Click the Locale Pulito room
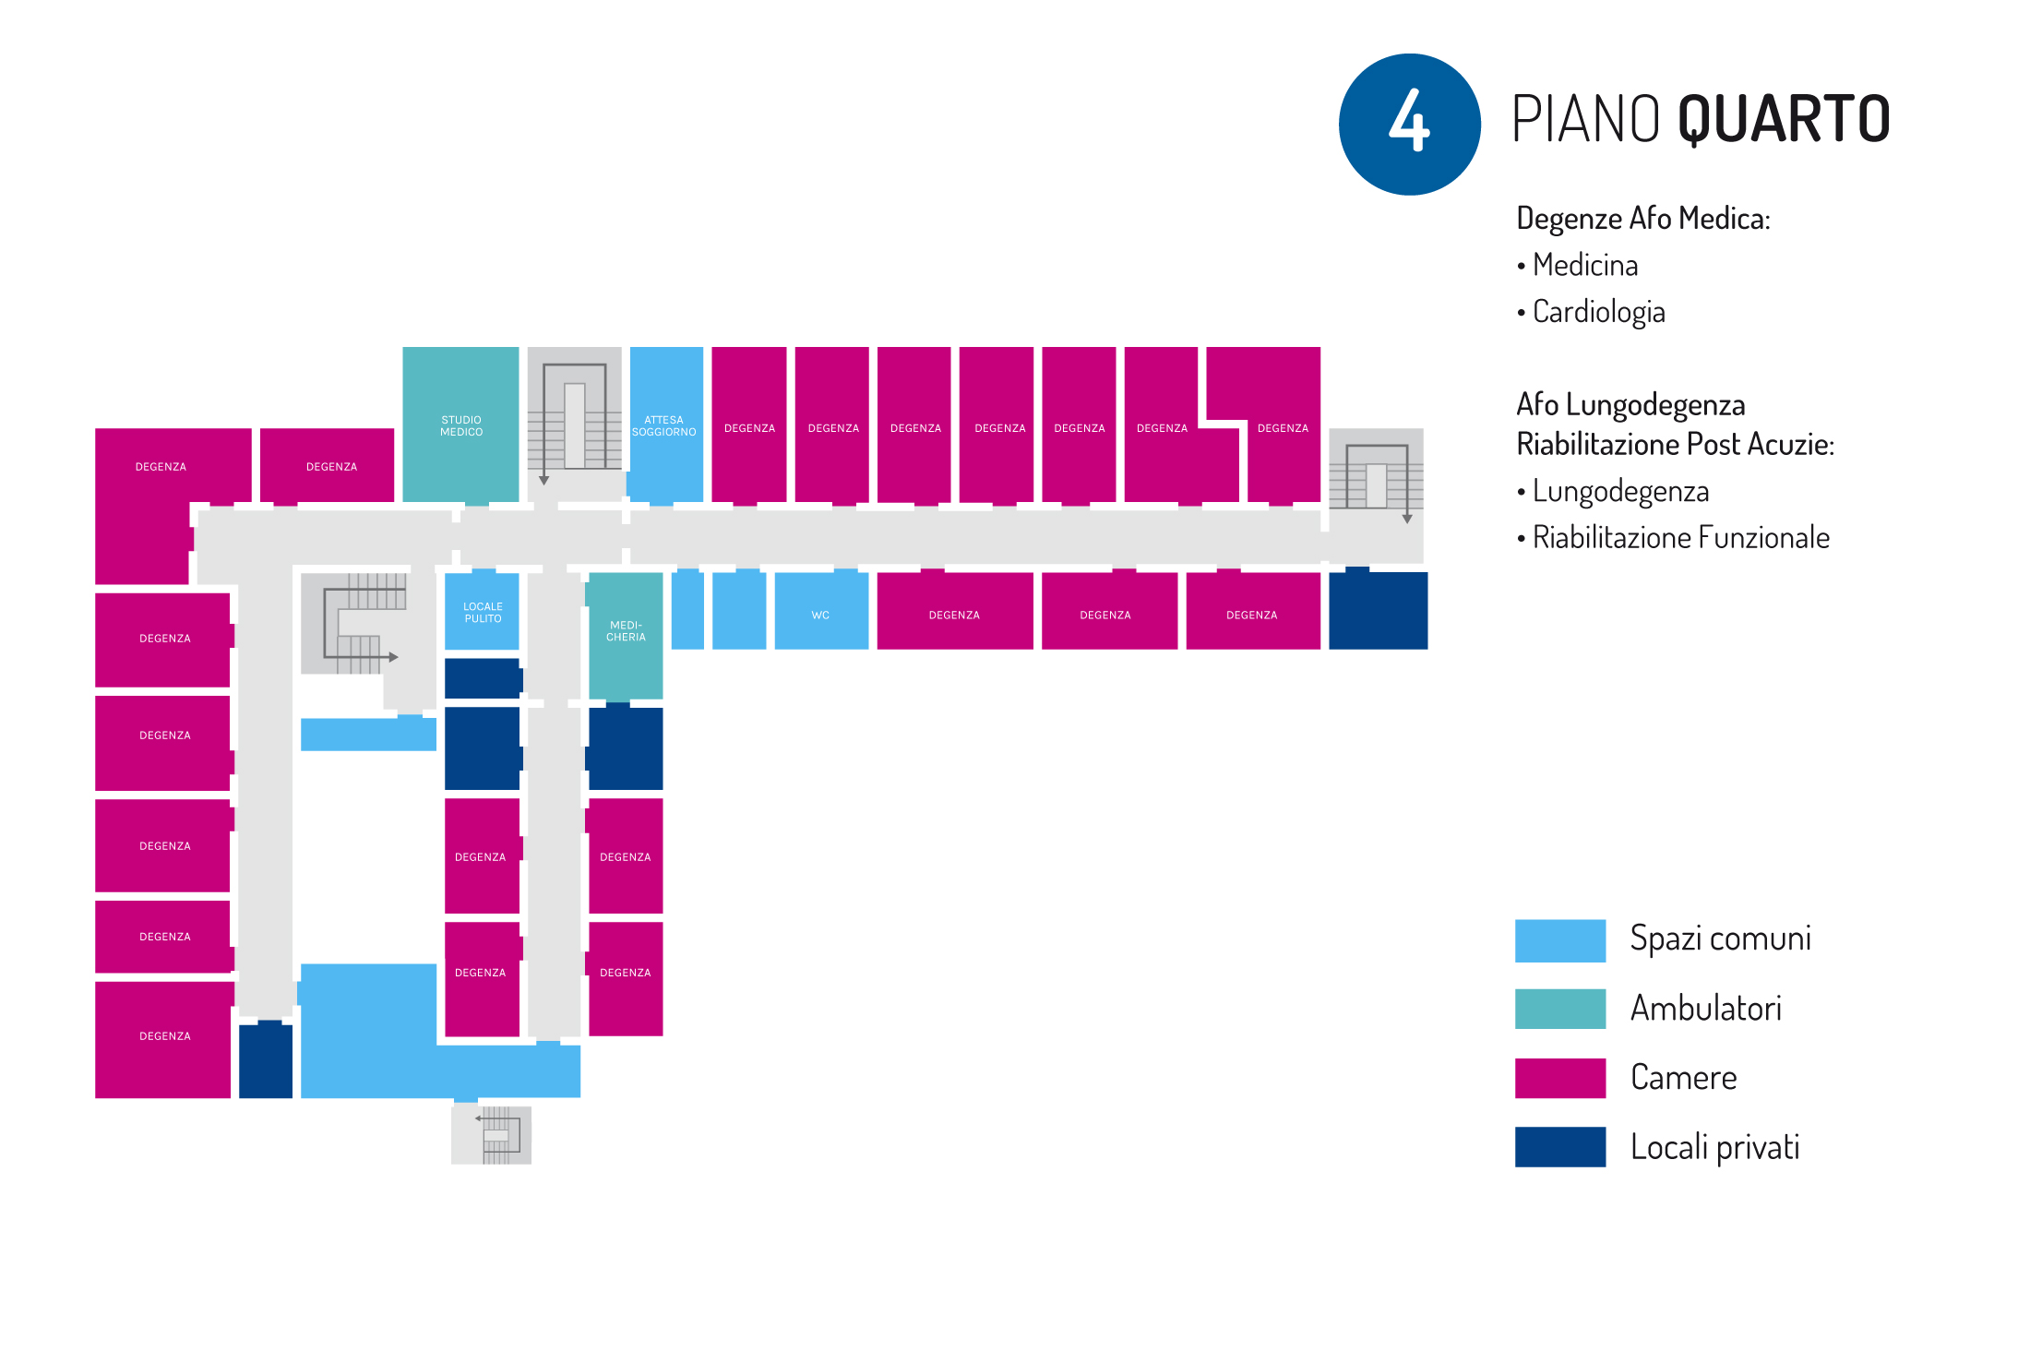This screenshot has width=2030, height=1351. tap(482, 612)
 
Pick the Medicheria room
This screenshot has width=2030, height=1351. tap(626, 632)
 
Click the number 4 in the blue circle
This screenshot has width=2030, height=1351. tap(1409, 124)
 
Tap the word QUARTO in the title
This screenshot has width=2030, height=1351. tap(1783, 120)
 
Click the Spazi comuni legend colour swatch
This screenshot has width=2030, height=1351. tap(1559, 940)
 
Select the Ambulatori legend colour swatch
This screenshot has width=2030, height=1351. tap(1559, 1009)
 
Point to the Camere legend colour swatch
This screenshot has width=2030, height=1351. tap(1559, 1078)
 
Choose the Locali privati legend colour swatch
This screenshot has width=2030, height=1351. tap(1559, 1147)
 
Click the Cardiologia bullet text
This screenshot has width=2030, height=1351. tap(1598, 312)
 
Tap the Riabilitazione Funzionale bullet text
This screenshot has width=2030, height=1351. tap(1680, 537)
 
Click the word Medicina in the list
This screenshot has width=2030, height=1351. tap(1585, 266)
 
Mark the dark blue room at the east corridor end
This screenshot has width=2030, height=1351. tap(1378, 610)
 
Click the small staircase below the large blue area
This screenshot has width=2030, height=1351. tap(492, 1134)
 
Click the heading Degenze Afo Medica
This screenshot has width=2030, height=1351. tap(1642, 219)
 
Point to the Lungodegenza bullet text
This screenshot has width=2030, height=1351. tap(1620, 491)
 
